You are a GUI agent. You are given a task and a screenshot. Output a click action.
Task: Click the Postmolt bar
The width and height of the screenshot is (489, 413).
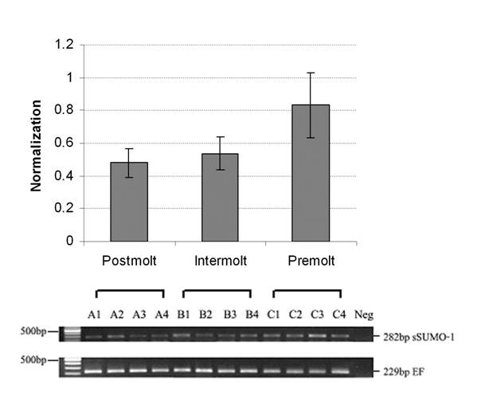click(x=128, y=202)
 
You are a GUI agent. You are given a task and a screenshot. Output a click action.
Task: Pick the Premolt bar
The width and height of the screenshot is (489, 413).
click(x=310, y=173)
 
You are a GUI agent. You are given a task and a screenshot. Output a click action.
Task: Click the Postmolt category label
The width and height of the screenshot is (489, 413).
click(x=129, y=261)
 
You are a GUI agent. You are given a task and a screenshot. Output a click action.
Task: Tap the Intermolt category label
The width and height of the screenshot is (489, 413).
click(x=219, y=261)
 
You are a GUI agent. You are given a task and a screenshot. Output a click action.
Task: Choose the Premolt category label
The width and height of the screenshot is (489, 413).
click(x=310, y=261)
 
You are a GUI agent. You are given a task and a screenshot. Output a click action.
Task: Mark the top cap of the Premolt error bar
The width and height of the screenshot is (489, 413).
click(x=310, y=73)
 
